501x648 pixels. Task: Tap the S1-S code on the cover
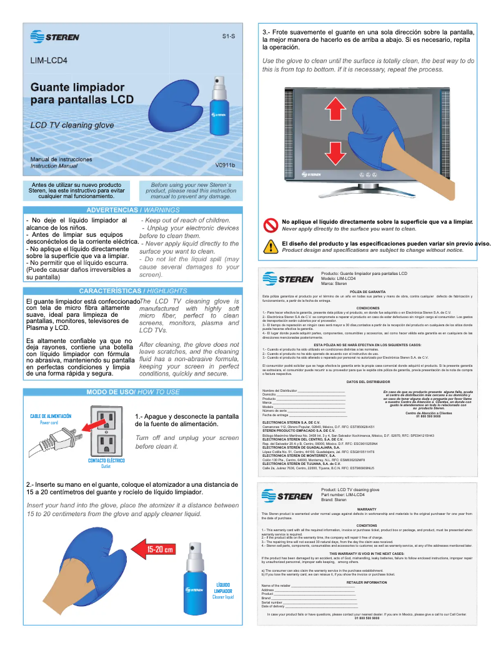pyautogui.click(x=229, y=37)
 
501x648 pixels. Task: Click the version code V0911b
pyautogui.click(x=224, y=166)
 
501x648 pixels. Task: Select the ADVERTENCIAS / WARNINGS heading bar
pyautogui.click(x=132, y=210)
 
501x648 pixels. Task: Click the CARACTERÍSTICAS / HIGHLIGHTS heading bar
pyautogui.click(x=132, y=291)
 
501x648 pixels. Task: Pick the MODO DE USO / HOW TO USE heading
pyautogui.click(x=132, y=392)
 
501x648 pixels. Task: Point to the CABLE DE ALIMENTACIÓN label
pyautogui.click(x=51, y=416)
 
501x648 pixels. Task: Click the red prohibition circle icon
pyautogui.click(x=270, y=225)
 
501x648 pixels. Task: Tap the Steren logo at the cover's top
pyautogui.click(x=54, y=37)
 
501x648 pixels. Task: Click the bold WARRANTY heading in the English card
pyautogui.click(x=367, y=509)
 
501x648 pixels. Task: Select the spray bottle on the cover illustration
pyautogui.click(x=219, y=100)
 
